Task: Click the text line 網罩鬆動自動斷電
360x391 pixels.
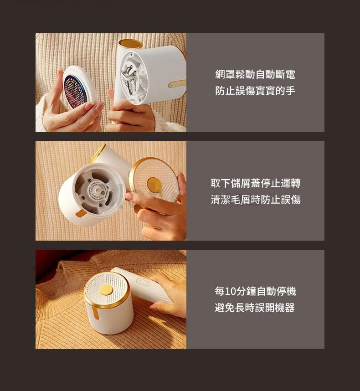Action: tap(255, 74)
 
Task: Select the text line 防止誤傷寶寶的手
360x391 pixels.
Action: tap(255, 91)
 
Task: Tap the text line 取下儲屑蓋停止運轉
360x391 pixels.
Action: tap(256, 183)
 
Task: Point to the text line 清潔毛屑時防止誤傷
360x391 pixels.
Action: tap(256, 200)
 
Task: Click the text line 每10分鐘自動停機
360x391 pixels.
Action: tap(255, 291)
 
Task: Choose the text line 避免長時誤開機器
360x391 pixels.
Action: tap(255, 308)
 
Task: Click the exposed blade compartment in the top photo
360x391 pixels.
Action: tap(130, 76)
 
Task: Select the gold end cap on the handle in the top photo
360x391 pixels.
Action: tap(130, 44)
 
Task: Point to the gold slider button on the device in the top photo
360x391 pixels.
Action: tap(177, 83)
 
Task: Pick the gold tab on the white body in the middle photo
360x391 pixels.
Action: tap(81, 213)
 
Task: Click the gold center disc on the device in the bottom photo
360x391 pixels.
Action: tap(106, 290)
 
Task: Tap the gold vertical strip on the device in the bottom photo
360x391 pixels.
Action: tap(95, 312)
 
